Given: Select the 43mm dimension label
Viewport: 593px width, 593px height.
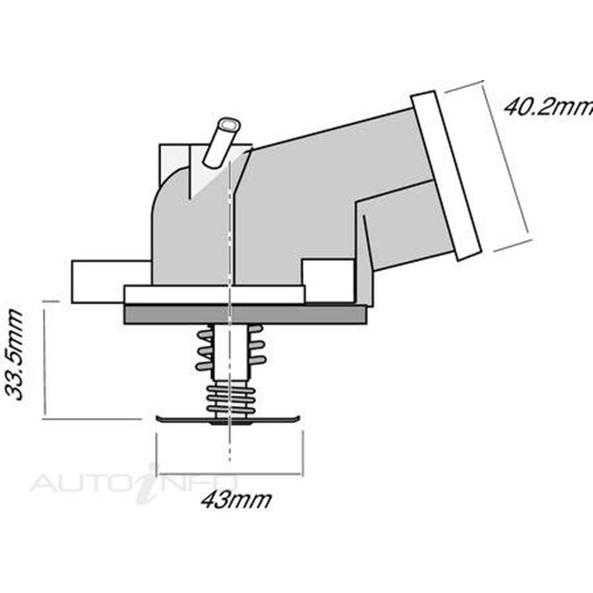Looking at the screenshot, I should coord(236,500).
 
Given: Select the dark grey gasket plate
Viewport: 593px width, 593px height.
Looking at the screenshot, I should coord(246,314).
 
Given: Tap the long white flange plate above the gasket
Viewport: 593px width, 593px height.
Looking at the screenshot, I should coord(213,295).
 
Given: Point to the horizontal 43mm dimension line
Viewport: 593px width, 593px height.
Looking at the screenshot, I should coord(229,473).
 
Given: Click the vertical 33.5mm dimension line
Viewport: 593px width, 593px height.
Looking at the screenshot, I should coord(45,360).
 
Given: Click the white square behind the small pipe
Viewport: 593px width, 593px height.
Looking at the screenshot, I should coord(173,161).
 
